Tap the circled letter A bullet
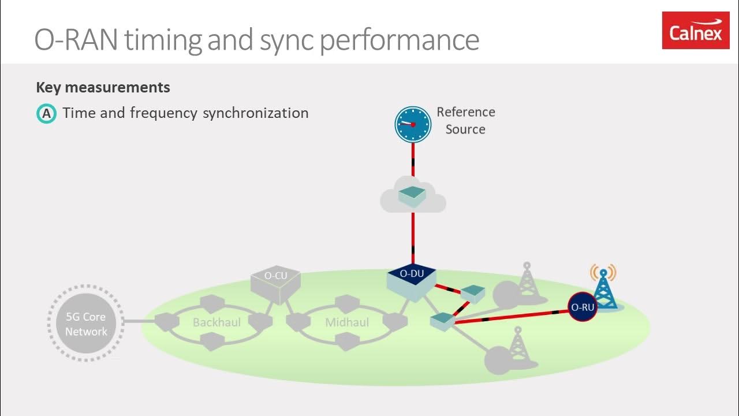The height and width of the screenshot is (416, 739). coord(46,114)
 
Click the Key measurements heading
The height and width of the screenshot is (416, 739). coord(103,87)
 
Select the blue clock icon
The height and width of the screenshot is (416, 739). coord(413,124)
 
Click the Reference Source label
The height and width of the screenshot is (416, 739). coord(465,120)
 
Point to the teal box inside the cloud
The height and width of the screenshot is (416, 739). coord(412,195)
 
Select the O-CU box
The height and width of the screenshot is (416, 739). coord(275,283)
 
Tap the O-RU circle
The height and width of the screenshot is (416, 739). coord(582,307)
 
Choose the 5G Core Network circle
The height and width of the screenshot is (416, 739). coord(86,324)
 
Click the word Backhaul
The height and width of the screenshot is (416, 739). coord(217,322)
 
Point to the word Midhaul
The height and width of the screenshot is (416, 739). coord(347,322)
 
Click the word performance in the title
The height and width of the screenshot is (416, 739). coord(399,40)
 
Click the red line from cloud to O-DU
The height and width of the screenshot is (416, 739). coord(413,237)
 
